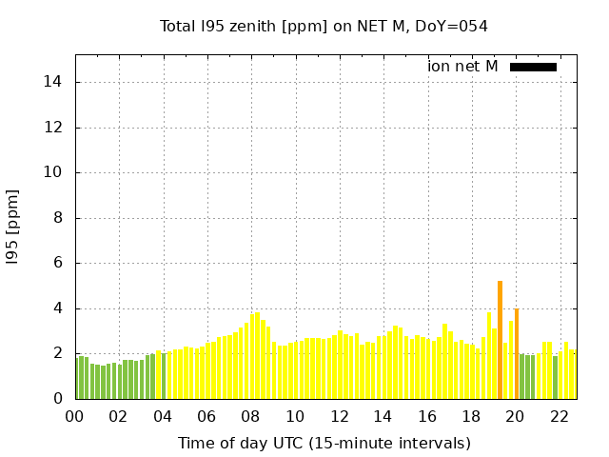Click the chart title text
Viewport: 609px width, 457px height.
(x=324, y=26)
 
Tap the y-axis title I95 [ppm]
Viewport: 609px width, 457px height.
(x=13, y=228)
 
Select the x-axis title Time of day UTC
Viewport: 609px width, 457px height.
(x=324, y=443)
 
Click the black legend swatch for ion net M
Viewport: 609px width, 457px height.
(x=533, y=67)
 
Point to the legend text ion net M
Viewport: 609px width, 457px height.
(x=462, y=67)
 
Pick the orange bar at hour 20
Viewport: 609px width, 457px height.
(x=517, y=353)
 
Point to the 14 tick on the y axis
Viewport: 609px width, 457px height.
(x=53, y=82)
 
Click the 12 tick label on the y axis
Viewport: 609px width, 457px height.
(x=53, y=128)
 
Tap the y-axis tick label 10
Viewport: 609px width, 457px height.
(x=53, y=172)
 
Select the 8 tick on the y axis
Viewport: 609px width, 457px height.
(x=57, y=218)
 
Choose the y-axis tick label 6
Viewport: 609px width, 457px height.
(x=57, y=263)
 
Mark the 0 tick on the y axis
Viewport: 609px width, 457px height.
(x=57, y=399)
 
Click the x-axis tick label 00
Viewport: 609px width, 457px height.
(x=74, y=416)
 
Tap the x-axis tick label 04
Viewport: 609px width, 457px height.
(x=163, y=416)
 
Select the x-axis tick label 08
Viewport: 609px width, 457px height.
(x=250, y=416)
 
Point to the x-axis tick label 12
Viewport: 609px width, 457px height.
(x=339, y=416)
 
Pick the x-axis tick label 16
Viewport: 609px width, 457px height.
(x=426, y=416)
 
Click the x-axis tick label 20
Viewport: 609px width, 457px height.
(x=515, y=416)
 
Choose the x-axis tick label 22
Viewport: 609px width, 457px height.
(x=559, y=416)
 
